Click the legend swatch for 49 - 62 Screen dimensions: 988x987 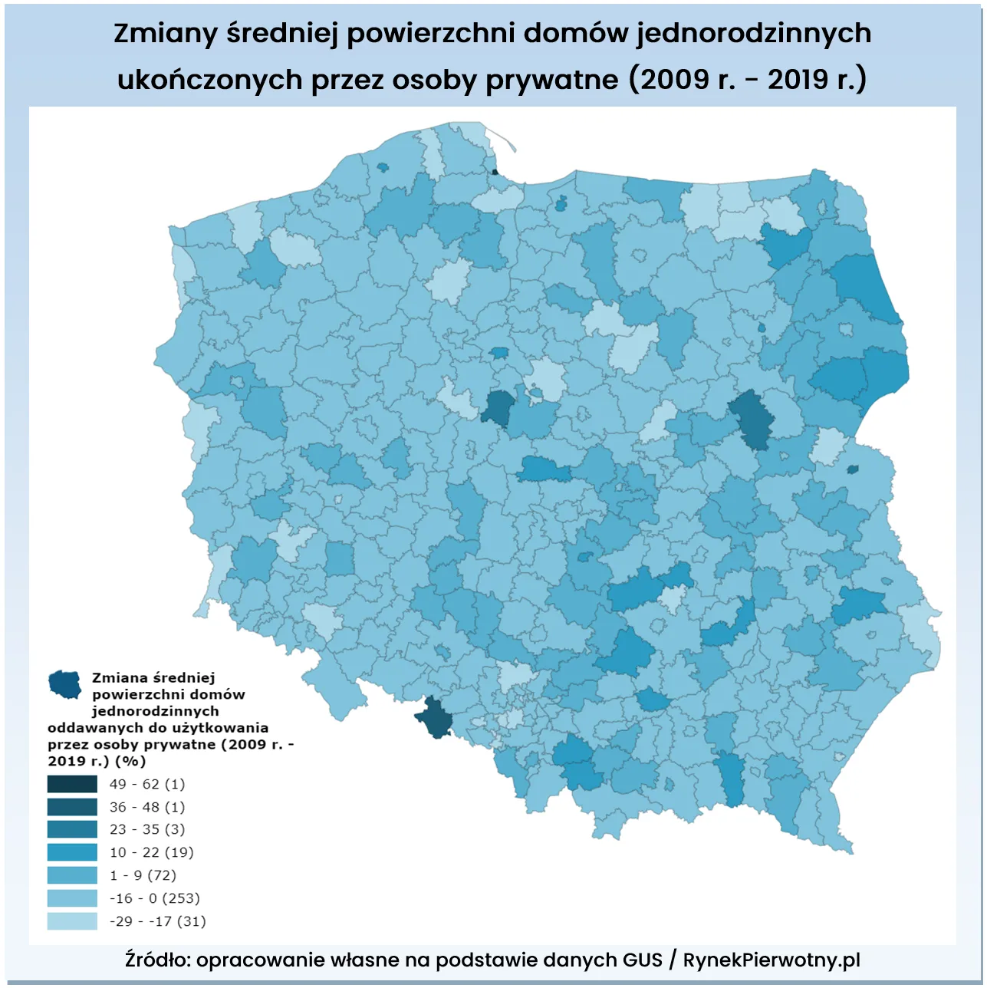coord(72,784)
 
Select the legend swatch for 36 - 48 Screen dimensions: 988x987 coord(72,807)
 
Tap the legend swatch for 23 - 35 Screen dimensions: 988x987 coord(72,829)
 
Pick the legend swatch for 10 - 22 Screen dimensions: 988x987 coord(72,852)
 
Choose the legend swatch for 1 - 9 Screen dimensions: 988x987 coord(72,875)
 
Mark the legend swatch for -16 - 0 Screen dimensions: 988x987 coord(72,898)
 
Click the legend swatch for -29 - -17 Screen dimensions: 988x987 coord(72,921)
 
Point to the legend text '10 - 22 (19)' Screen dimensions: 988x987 coord(152,852)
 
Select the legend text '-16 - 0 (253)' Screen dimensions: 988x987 coord(154,898)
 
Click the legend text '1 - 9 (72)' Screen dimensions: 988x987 coord(143,875)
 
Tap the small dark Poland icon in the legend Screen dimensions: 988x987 coord(65,683)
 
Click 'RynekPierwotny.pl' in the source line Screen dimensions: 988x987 coord(772,960)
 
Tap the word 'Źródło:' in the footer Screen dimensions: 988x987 coord(158,960)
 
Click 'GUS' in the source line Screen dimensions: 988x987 coord(642,960)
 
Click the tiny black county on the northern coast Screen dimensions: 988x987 coord(495,172)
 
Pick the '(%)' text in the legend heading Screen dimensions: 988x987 coord(130,761)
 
